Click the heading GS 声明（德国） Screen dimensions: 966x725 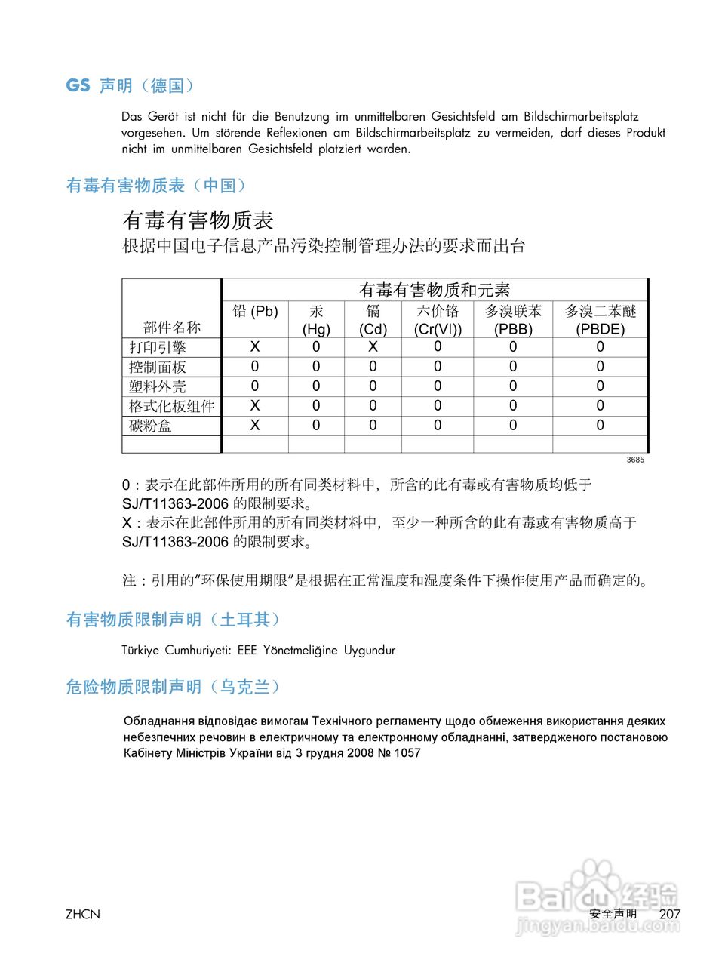click(130, 86)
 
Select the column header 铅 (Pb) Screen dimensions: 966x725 click(255, 312)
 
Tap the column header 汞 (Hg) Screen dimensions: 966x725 click(316, 320)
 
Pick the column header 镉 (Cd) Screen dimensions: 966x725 click(373, 320)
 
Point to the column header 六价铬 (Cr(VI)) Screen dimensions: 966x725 click(438, 320)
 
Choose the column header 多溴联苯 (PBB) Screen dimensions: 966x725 click(513, 320)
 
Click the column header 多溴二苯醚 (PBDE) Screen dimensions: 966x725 click(601, 320)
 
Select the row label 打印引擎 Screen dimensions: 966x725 click(157, 347)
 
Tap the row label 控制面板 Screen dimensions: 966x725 click(157, 367)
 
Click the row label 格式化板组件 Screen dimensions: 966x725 click(171, 406)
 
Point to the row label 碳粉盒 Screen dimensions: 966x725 click(150, 426)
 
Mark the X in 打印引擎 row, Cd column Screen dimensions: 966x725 click(373, 346)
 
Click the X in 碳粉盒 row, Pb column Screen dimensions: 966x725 click(255, 425)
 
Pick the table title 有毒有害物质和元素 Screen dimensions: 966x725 click(435, 290)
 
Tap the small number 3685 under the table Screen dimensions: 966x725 click(635, 460)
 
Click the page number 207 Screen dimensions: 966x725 click(670, 914)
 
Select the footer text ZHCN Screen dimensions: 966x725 click(82, 915)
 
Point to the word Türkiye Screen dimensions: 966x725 click(140, 650)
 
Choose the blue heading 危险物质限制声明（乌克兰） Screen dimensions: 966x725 click(174, 687)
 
